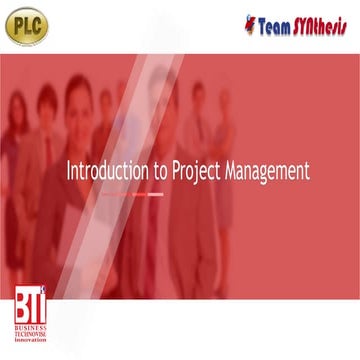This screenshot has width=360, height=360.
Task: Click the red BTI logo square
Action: pos(30,305)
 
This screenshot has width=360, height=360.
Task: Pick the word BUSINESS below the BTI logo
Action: pos(30,328)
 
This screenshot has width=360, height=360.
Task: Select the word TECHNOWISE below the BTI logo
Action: pos(30,335)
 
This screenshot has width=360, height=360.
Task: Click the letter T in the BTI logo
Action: pos(31,307)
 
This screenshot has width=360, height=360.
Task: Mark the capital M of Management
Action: pos(232,171)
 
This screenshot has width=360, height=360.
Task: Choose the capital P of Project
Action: pos(177,171)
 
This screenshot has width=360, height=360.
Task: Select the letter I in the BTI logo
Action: pos(41,307)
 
